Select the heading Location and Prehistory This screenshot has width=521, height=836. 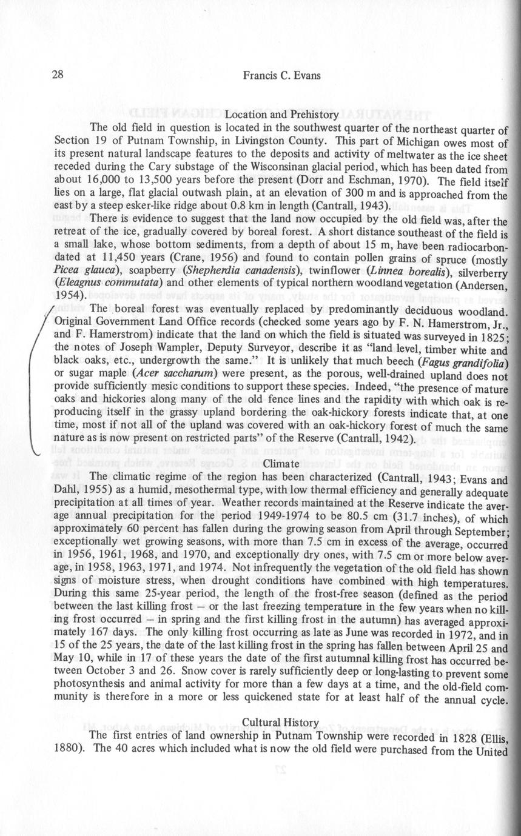click(x=281, y=114)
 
